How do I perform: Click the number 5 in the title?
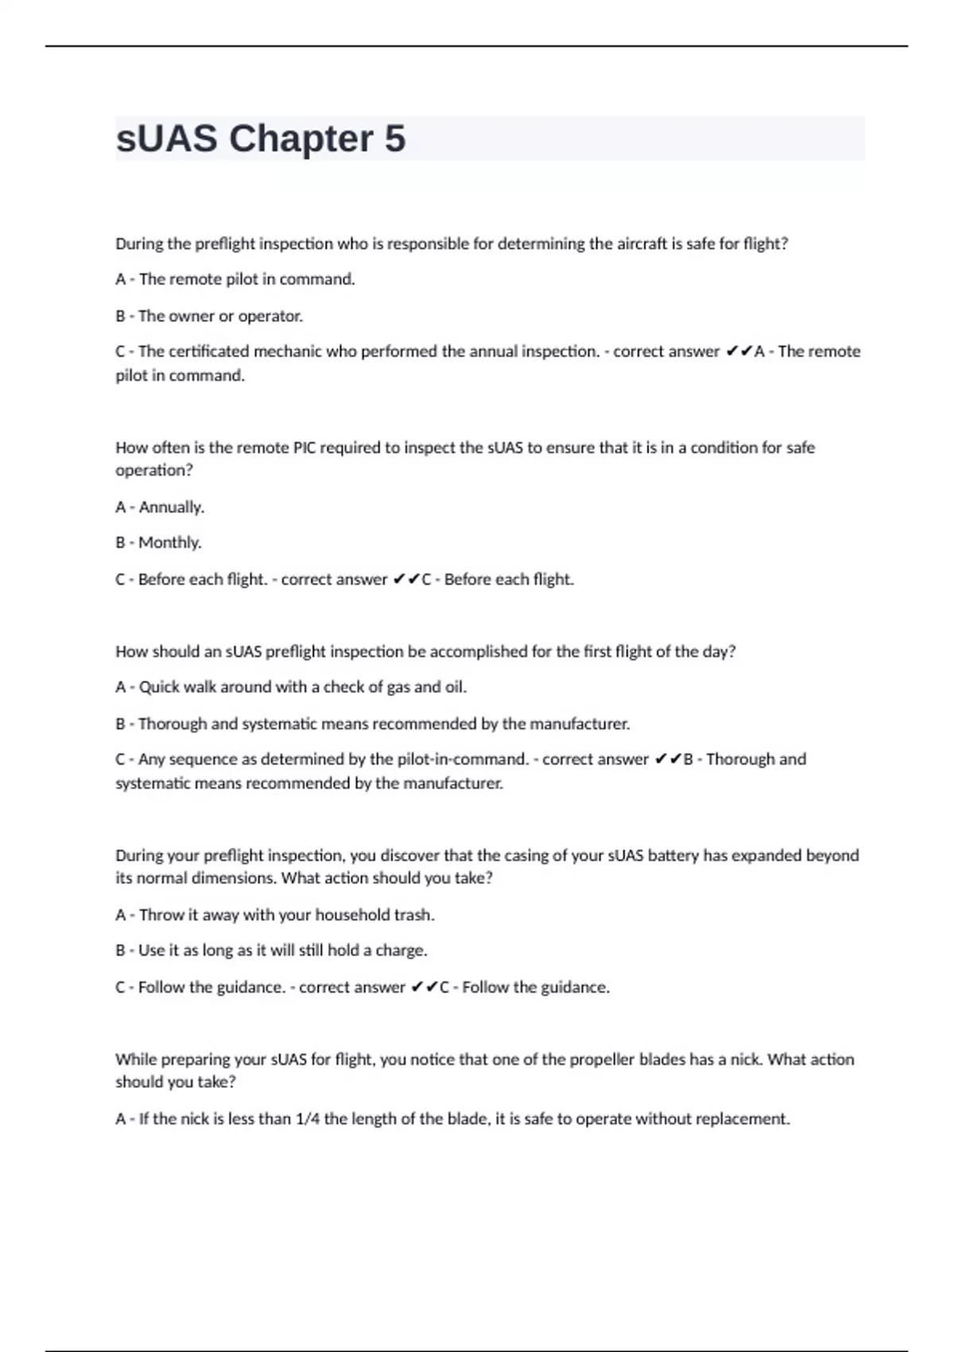pyautogui.click(x=395, y=138)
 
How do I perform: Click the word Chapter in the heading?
pyautogui.click(x=301, y=138)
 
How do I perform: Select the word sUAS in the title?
pyautogui.click(x=166, y=138)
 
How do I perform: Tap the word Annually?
pyautogui.click(x=172, y=507)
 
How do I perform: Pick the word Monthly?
pyautogui.click(x=170, y=542)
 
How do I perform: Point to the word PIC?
pyautogui.click(x=304, y=448)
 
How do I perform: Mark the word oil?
pyautogui.click(x=456, y=687)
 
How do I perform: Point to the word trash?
pyautogui.click(x=414, y=915)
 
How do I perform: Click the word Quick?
pyautogui.click(x=159, y=687)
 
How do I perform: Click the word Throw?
pyautogui.click(x=161, y=915)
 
